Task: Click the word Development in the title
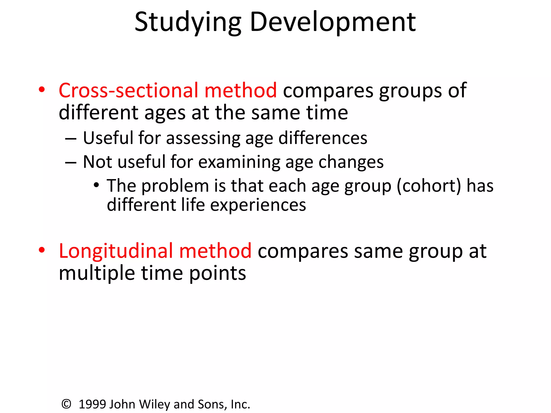pos(333,23)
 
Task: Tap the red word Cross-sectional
pos(129,90)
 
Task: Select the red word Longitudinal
pos(116,251)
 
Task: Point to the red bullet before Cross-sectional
pos(42,90)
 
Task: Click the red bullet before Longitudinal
pos(42,250)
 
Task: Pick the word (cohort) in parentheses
pos(429,186)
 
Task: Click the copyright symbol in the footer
pos(66,404)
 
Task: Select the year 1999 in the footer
pos(92,404)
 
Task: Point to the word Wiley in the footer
pos(155,404)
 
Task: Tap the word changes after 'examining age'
pos(351,162)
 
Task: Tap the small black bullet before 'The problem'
pos(96,185)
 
